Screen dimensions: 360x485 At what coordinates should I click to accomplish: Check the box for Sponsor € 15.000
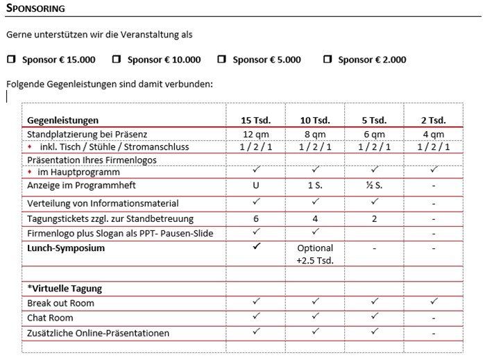[10, 60]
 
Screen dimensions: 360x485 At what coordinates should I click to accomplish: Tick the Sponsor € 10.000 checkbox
[117, 60]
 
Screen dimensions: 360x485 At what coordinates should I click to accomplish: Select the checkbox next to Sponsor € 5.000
[221, 60]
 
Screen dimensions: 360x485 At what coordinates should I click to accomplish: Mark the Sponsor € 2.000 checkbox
[327, 60]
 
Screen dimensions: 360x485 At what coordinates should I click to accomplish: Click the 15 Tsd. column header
[255, 120]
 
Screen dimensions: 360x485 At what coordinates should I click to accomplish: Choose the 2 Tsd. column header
[433, 120]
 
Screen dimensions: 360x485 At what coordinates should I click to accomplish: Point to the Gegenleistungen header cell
[63, 120]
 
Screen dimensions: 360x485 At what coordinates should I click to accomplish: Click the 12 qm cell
[255, 134]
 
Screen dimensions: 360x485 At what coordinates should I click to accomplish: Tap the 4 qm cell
[433, 134]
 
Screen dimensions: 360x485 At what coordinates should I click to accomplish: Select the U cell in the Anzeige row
[256, 185]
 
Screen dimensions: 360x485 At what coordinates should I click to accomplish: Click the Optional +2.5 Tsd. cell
[314, 254]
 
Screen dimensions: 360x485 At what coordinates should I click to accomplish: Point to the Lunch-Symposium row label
[66, 248]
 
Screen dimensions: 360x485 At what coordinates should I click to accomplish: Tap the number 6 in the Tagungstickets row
[256, 218]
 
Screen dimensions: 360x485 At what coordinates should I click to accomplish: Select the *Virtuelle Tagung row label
[65, 289]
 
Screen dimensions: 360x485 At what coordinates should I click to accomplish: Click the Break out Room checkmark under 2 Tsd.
[433, 302]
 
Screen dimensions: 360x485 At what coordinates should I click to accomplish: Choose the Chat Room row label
[50, 318]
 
